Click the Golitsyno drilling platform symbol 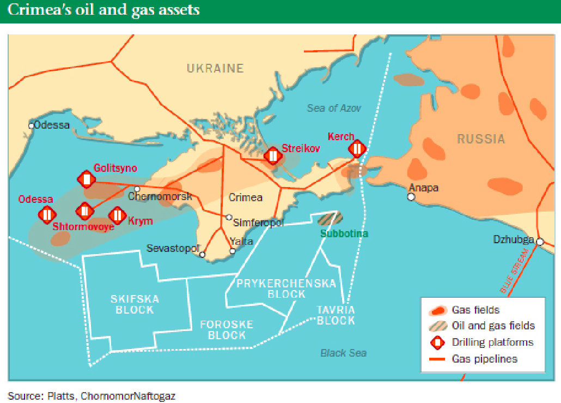click(x=86, y=178)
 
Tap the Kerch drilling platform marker click(x=357, y=149)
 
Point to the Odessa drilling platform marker click(x=47, y=214)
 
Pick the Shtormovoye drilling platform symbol click(x=84, y=210)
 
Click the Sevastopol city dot click(x=202, y=254)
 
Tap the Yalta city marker click(x=233, y=251)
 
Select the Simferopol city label click(x=258, y=222)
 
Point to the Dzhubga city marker click(x=540, y=242)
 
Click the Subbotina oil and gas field click(x=330, y=218)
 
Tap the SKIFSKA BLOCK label click(x=135, y=304)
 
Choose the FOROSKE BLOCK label click(x=227, y=329)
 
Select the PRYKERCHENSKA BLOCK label click(x=286, y=288)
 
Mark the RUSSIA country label click(x=480, y=139)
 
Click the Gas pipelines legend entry click(x=484, y=359)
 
